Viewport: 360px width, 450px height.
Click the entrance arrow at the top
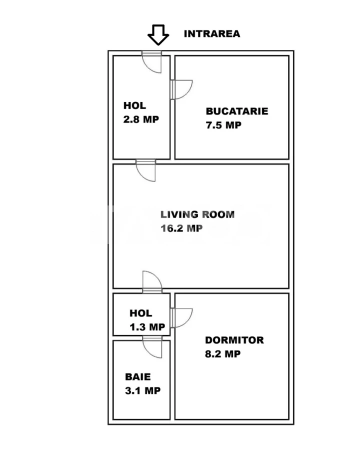tap(158, 35)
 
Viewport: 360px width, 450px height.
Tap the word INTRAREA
tap(212, 34)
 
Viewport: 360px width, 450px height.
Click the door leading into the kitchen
tap(181, 89)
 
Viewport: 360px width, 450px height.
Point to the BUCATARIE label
tap(237, 111)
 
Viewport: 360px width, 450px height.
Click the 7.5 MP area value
tap(223, 125)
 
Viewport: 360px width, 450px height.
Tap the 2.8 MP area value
tap(141, 119)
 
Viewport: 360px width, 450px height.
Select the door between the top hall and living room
tap(146, 170)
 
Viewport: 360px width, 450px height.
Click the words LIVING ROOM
tap(197, 214)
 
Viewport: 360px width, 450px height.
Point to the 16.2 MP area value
tap(181, 228)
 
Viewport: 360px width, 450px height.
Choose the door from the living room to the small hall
tap(152, 282)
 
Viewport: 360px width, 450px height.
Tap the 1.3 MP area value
tap(147, 327)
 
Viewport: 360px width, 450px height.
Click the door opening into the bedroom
tap(181, 318)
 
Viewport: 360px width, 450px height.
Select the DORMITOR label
tap(234, 340)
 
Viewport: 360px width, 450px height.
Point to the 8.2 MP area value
tap(223, 354)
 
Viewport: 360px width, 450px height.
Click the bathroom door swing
tap(152, 347)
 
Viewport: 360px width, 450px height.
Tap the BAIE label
tap(138, 377)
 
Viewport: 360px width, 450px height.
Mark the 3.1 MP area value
tap(142, 390)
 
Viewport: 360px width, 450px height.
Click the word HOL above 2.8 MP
tap(134, 105)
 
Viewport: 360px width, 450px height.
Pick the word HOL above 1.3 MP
tap(140, 313)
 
